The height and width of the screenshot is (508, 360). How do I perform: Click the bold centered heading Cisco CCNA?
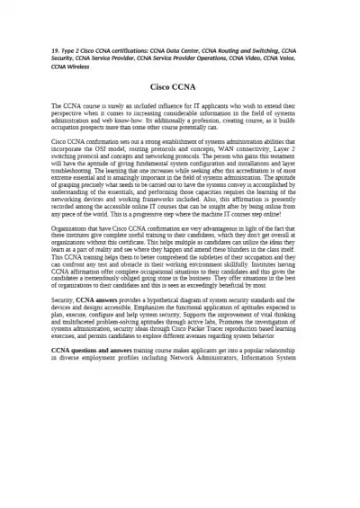point(179,87)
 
